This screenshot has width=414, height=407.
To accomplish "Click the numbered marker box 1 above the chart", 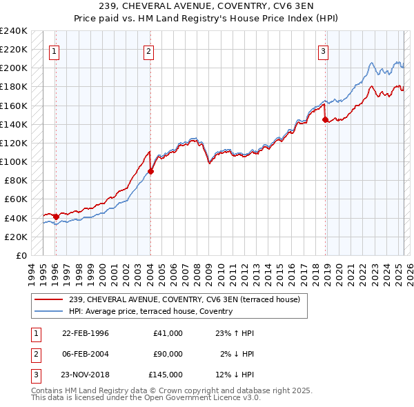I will point(54,50).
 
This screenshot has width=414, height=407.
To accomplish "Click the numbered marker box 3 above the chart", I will point(323,50).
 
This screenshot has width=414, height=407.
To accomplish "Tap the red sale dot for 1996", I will point(56,217).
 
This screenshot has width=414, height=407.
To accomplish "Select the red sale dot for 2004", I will point(150,171).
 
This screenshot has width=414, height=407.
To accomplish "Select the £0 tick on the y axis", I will point(21,255).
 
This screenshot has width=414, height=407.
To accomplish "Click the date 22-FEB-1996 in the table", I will point(86,333).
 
